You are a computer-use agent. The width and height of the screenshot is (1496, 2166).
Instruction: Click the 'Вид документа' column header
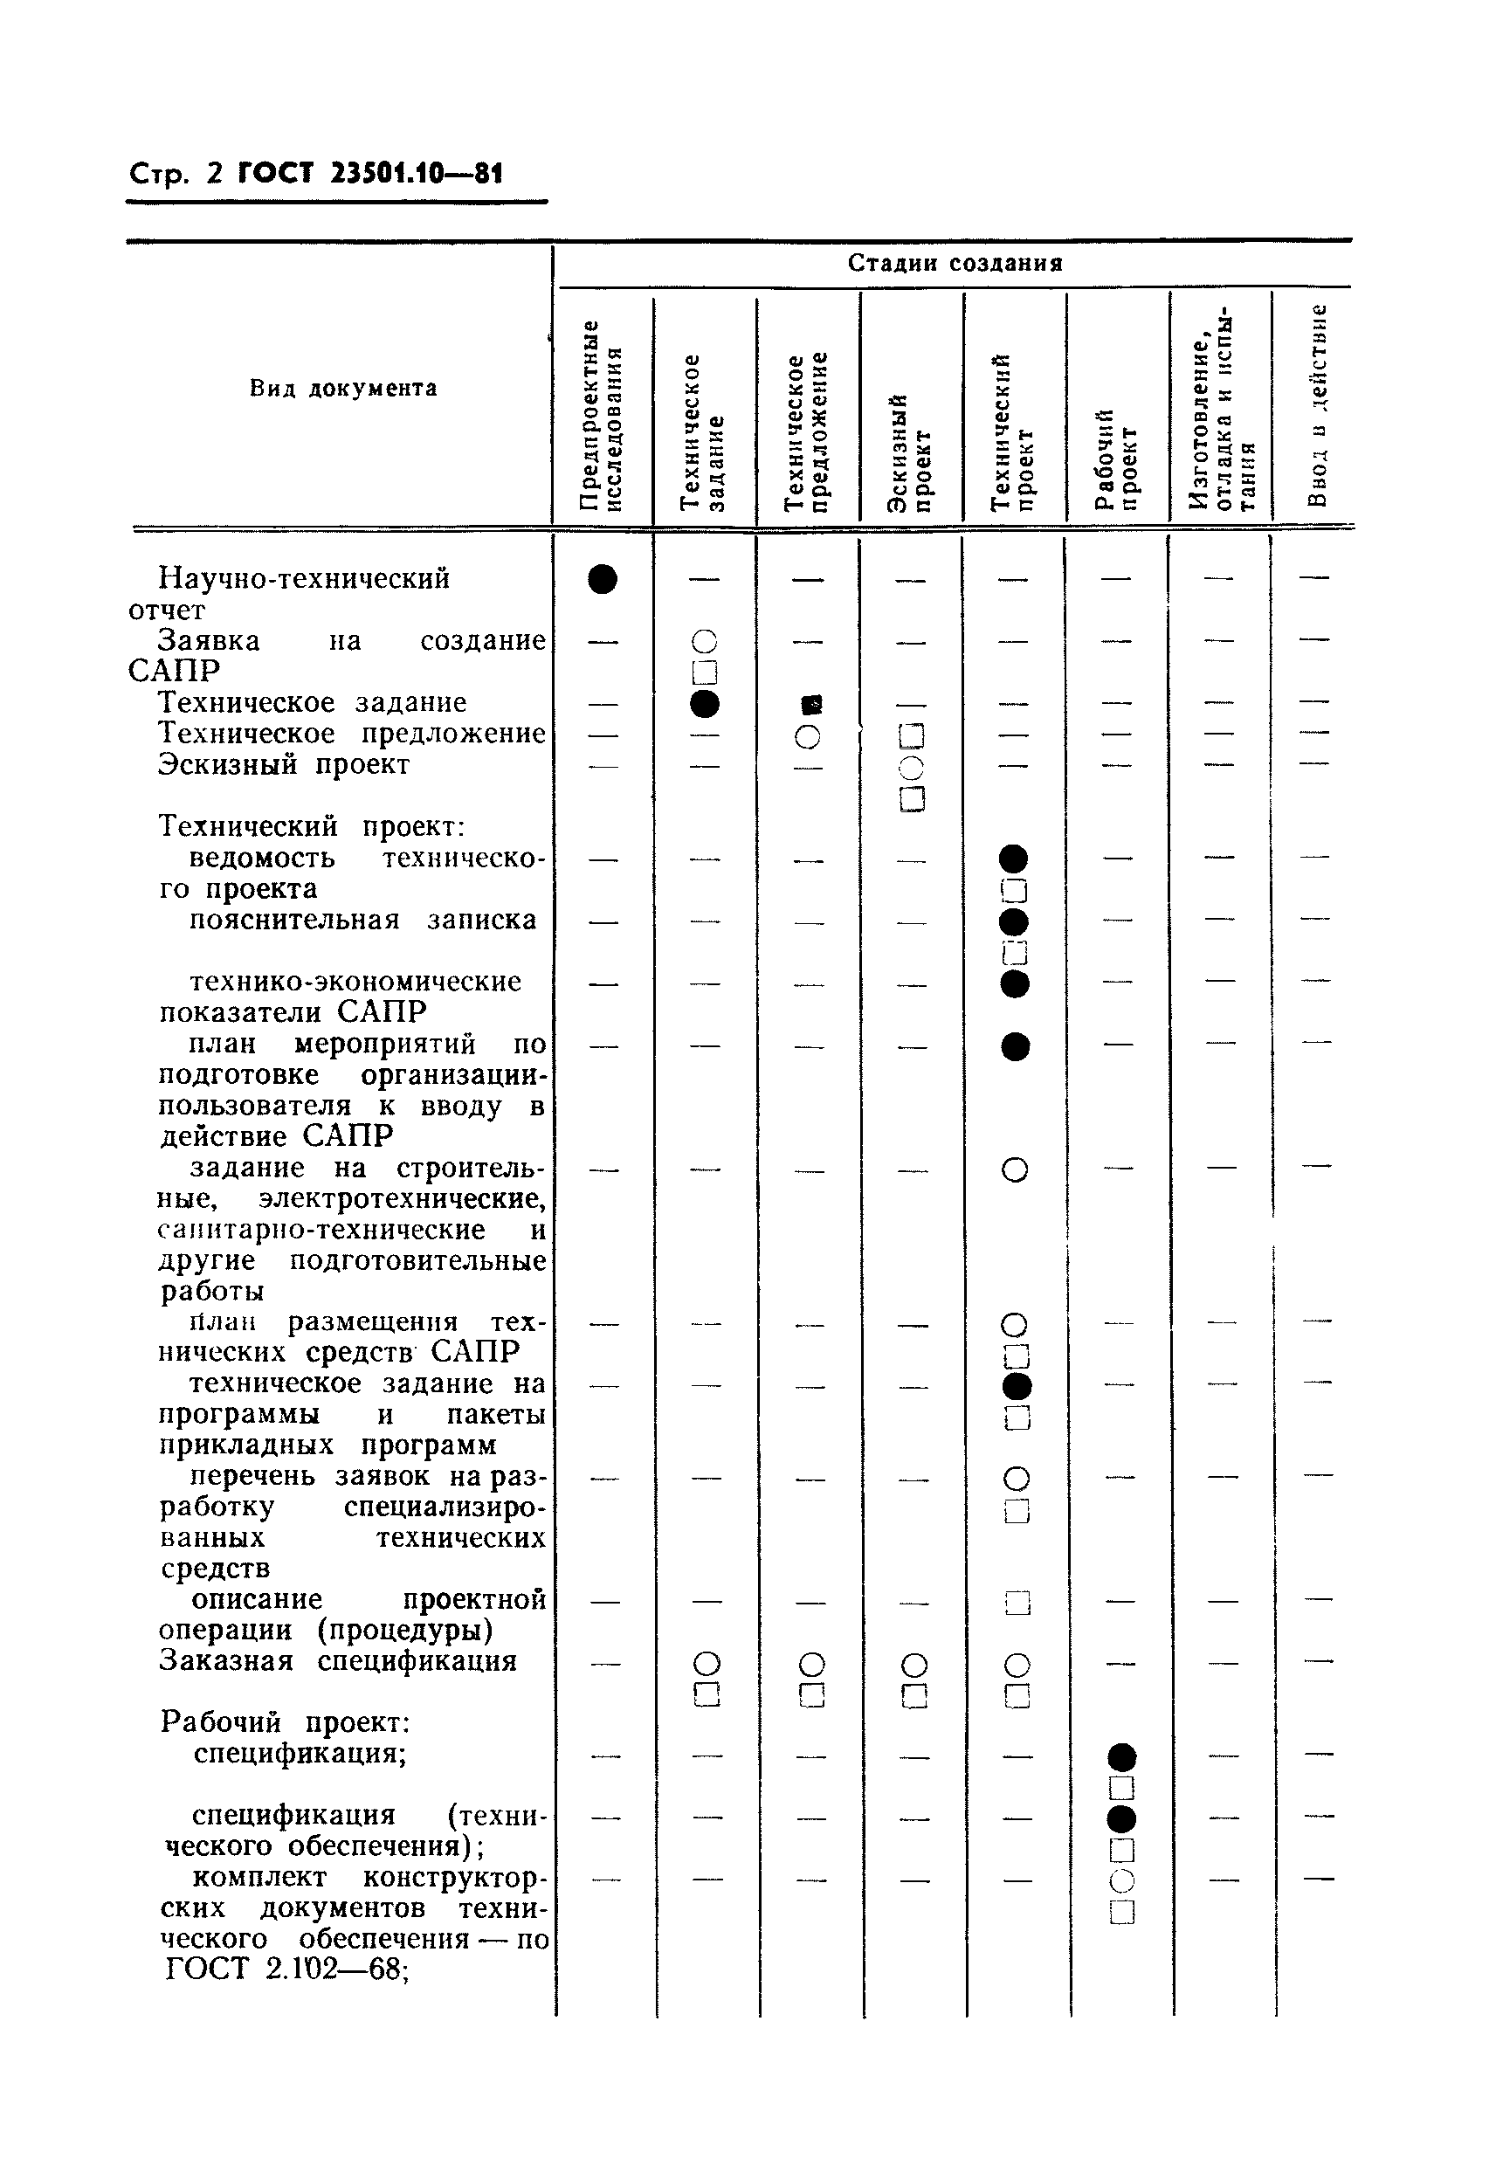[343, 388]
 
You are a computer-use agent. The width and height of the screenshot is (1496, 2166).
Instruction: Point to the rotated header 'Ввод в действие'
[1318, 405]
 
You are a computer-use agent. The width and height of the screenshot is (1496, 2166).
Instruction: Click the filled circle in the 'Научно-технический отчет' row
[603, 579]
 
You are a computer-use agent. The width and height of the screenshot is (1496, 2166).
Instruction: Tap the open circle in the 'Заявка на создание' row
[704, 642]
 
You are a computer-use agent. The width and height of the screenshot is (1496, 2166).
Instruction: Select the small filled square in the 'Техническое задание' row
[811, 703]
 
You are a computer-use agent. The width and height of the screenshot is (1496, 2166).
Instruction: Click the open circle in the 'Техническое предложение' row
[808, 736]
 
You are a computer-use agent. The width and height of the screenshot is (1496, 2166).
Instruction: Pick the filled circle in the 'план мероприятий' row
[1015, 1046]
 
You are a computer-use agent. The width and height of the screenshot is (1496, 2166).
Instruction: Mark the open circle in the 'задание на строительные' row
[1015, 1169]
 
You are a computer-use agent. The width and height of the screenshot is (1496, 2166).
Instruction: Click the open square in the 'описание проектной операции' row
[1017, 1603]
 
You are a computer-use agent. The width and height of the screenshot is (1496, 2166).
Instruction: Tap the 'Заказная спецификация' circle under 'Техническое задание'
[707, 1664]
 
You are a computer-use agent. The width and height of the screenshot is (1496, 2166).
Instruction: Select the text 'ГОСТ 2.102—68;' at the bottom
[286, 1969]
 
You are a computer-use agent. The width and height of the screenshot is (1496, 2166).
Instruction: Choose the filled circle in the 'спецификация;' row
[1121, 1756]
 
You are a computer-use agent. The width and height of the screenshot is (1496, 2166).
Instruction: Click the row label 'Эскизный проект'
[283, 765]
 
